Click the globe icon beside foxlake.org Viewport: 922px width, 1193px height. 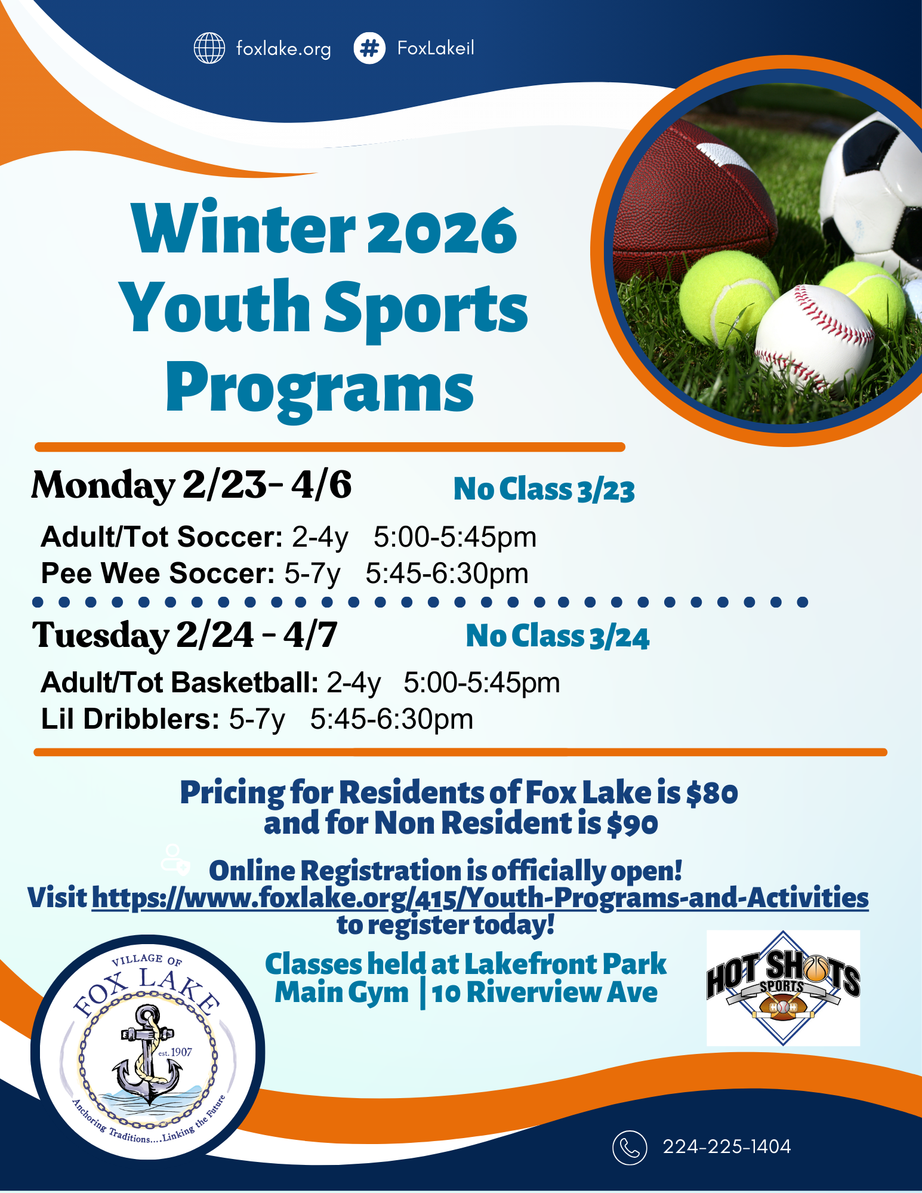(x=209, y=48)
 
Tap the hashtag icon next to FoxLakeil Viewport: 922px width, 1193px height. (x=369, y=48)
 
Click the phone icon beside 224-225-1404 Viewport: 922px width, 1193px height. (x=629, y=1147)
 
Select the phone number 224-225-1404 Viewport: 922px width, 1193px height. (x=726, y=1147)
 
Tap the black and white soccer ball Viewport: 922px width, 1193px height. (x=871, y=191)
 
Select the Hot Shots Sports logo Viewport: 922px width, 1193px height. (x=783, y=988)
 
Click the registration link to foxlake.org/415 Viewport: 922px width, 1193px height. (x=480, y=898)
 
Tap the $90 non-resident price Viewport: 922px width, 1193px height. (x=632, y=824)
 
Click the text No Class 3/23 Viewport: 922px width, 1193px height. (x=544, y=490)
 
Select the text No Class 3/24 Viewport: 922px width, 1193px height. (x=557, y=636)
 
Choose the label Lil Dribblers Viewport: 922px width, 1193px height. (x=130, y=719)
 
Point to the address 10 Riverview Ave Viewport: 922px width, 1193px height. (x=544, y=992)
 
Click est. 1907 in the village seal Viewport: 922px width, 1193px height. (x=175, y=1052)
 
